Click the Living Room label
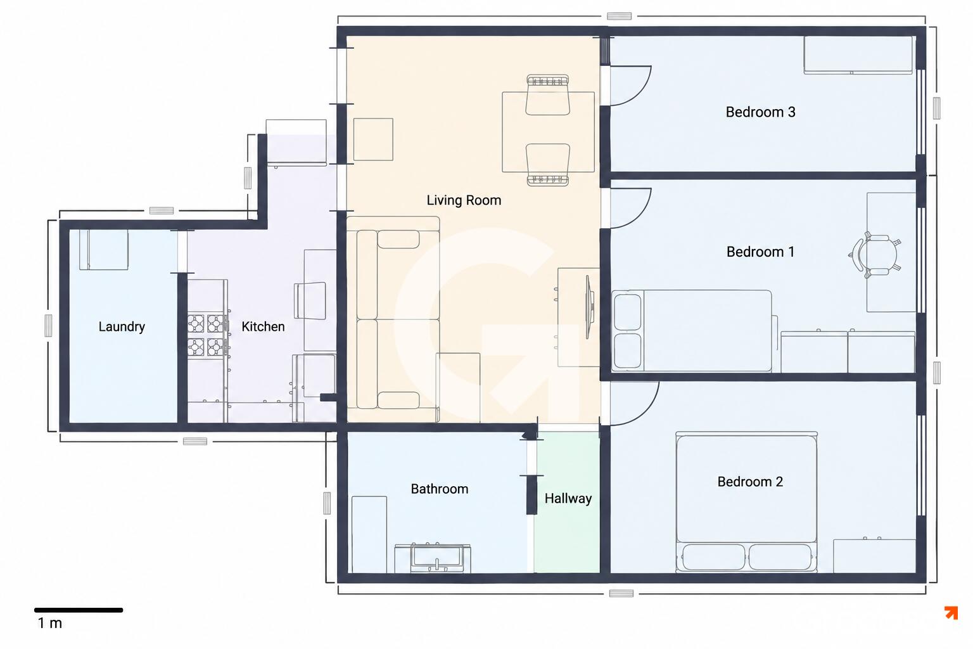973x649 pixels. point(464,200)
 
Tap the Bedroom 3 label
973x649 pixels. point(760,112)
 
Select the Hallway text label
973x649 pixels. point(568,499)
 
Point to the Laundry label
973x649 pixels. point(122,327)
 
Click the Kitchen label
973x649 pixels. point(263,327)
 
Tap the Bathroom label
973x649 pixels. point(439,489)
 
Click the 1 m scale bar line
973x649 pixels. point(79,610)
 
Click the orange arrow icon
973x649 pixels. point(951,612)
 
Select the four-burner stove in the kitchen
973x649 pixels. point(207,335)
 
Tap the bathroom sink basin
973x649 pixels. point(436,558)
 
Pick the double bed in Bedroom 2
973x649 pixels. point(746,501)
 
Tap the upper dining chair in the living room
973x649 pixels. point(547,95)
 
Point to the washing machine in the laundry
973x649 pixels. point(103,250)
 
